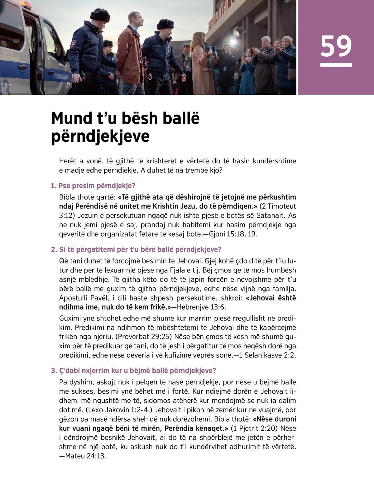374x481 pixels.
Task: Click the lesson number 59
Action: (x=336, y=46)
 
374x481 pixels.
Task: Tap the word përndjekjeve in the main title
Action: (x=100, y=136)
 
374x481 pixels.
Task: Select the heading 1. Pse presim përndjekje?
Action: (x=93, y=186)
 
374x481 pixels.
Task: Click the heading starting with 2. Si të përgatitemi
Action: (x=136, y=249)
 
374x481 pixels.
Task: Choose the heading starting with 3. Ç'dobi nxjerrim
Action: (x=133, y=370)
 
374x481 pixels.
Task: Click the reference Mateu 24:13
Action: (x=85, y=456)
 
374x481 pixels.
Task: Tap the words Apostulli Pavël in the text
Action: (x=82, y=298)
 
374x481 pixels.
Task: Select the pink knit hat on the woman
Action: (x=287, y=39)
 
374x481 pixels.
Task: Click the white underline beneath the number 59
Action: (x=336, y=65)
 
